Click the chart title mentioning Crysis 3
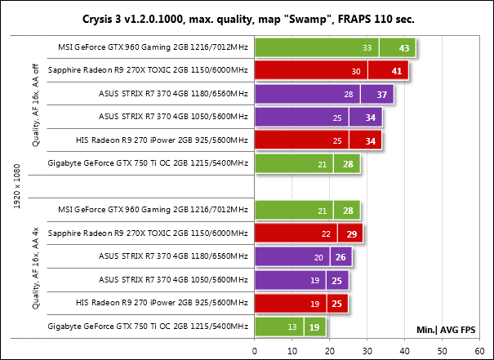[x=247, y=16]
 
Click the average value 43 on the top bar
[x=403, y=48]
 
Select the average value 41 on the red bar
[x=396, y=72]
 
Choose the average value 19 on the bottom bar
[x=314, y=329]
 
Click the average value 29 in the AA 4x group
[x=351, y=235]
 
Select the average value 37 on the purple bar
[x=381, y=96]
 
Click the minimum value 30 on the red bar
[x=356, y=72]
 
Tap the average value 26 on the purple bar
[x=340, y=258]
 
